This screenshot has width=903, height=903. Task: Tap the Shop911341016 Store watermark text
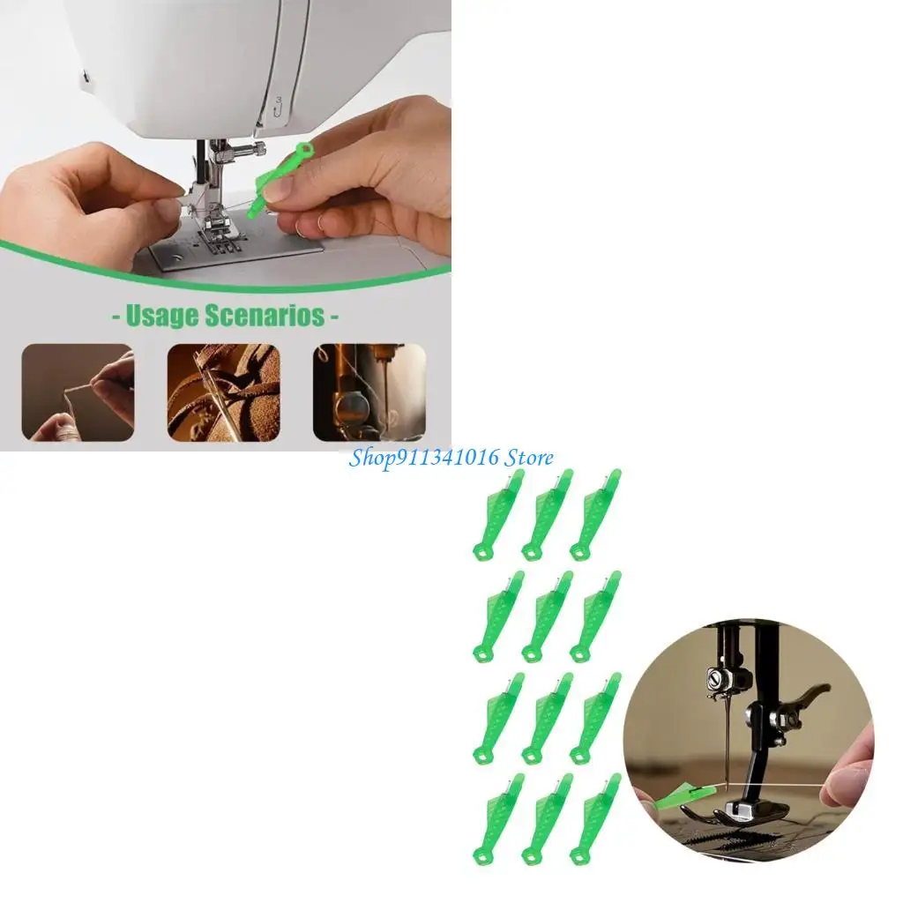tap(451, 458)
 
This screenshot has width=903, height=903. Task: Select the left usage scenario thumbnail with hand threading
tap(78, 392)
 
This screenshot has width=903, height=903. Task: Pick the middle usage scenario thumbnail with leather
tap(223, 392)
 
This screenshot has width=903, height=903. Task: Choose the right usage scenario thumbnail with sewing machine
tap(369, 392)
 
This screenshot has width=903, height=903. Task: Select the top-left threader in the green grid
tap(498, 516)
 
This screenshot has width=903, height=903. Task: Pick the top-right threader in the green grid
tap(594, 516)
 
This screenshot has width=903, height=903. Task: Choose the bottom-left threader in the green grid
tap(498, 819)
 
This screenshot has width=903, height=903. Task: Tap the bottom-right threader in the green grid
tap(594, 819)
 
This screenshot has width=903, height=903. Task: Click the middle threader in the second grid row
tap(547, 616)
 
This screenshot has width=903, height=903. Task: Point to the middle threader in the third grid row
tap(547, 719)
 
